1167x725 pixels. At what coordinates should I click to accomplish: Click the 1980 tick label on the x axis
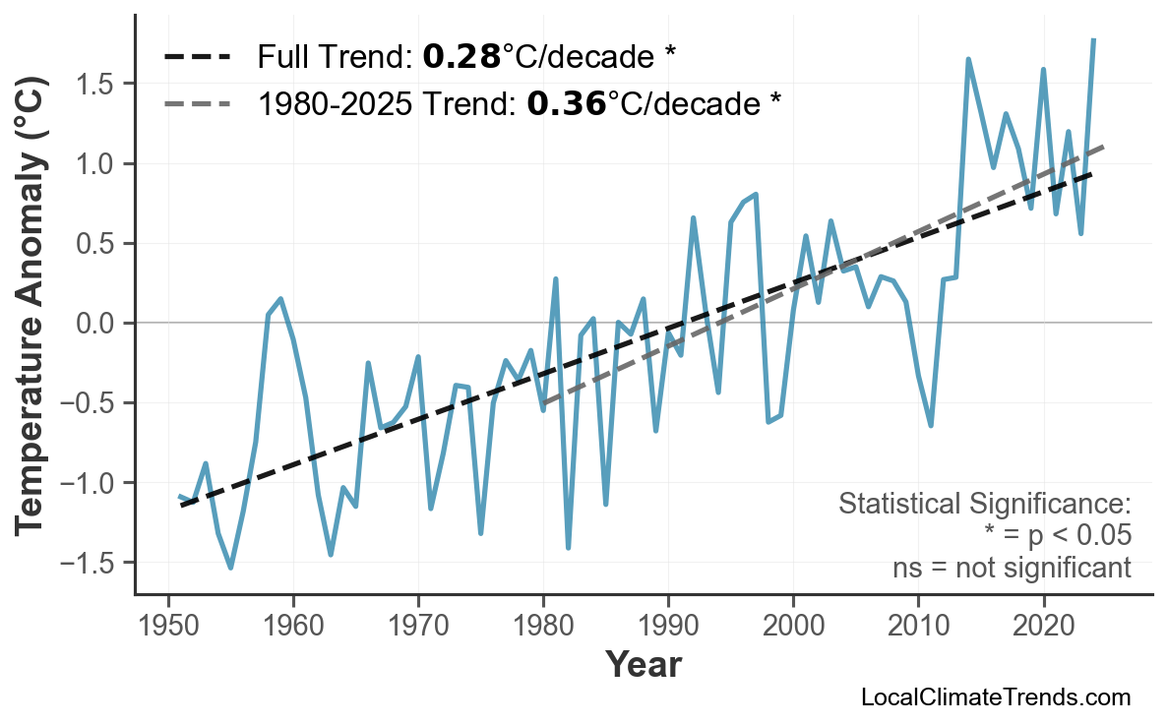tap(543, 627)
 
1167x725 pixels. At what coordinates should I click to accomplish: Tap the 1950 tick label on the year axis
tap(168, 627)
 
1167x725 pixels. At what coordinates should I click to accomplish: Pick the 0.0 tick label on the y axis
tap(96, 324)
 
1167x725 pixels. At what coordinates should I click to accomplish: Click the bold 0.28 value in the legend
tap(461, 58)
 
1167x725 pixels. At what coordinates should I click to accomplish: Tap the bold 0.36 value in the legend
tap(566, 102)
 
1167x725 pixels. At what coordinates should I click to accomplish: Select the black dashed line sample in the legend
tap(198, 58)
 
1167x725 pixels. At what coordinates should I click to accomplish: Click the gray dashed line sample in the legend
tap(198, 102)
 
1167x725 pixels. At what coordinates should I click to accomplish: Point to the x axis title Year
tap(643, 665)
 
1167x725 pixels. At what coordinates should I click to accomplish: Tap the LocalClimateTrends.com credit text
tap(995, 698)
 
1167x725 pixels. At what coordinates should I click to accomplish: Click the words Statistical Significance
tap(984, 505)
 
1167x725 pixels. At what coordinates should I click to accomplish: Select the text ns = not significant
tap(1011, 568)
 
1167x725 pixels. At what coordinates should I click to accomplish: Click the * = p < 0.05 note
tap(1057, 536)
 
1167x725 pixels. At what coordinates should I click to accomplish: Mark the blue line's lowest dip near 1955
tap(231, 568)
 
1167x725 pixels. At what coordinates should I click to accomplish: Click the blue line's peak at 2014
tap(968, 59)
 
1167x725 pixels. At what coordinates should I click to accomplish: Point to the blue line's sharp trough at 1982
tap(569, 547)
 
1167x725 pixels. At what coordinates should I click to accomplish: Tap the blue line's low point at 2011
tap(931, 425)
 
